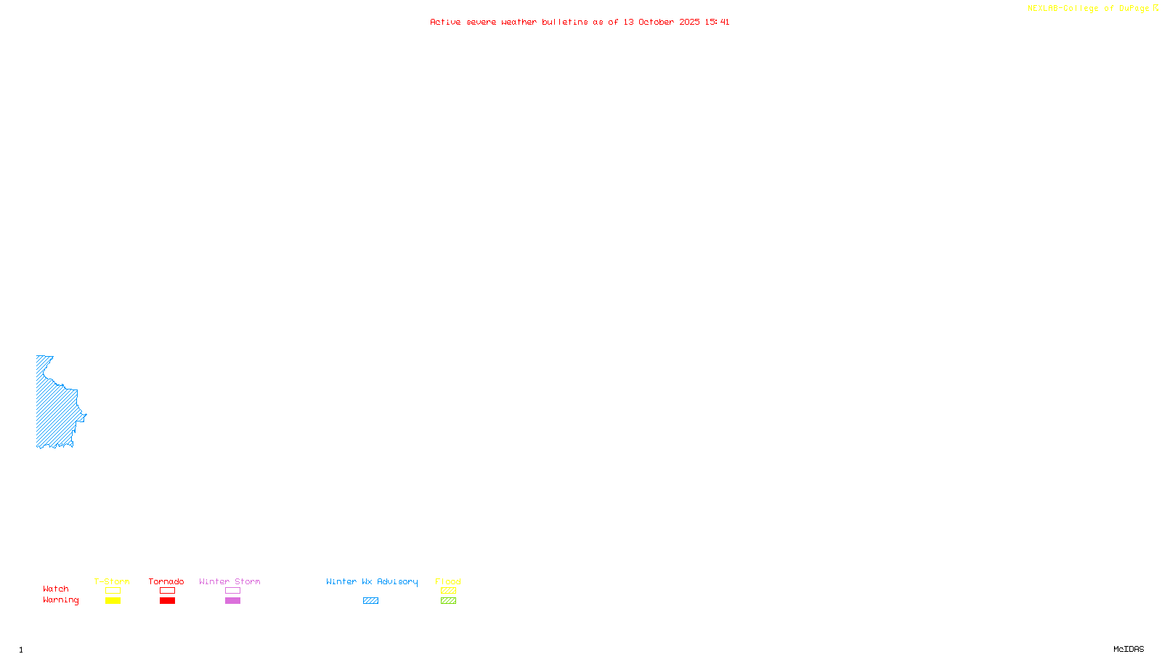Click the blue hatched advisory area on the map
click(55, 407)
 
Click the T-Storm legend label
click(112, 581)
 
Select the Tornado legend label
click(166, 581)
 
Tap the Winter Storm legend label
click(229, 581)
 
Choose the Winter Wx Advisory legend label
click(372, 581)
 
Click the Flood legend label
click(448, 581)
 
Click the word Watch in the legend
click(56, 589)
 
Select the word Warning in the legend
click(60, 600)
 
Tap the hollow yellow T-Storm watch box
click(113, 591)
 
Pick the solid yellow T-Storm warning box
click(113, 601)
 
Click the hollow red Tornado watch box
click(167, 591)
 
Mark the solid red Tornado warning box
click(167, 601)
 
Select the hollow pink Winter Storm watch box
click(232, 591)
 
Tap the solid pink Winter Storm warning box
click(232, 601)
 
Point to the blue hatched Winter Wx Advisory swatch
click(370, 601)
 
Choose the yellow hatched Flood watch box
click(448, 591)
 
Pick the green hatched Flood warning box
click(448, 601)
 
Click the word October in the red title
click(656, 22)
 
